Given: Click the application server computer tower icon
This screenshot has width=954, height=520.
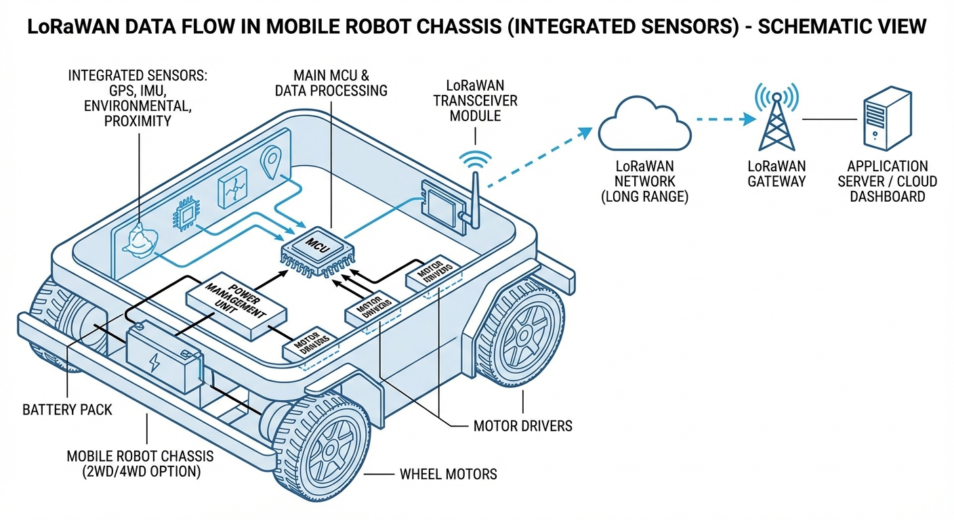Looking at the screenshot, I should pyautogui.click(x=885, y=121).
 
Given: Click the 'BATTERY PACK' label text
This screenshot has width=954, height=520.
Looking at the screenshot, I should pyautogui.click(x=67, y=410).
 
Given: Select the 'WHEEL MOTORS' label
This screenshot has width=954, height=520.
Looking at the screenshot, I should pyautogui.click(x=448, y=474).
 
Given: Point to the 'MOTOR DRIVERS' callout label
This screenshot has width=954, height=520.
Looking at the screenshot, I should pyautogui.click(x=522, y=426).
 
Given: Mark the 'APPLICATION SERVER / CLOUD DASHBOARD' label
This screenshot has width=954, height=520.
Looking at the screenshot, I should pyautogui.click(x=888, y=181).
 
